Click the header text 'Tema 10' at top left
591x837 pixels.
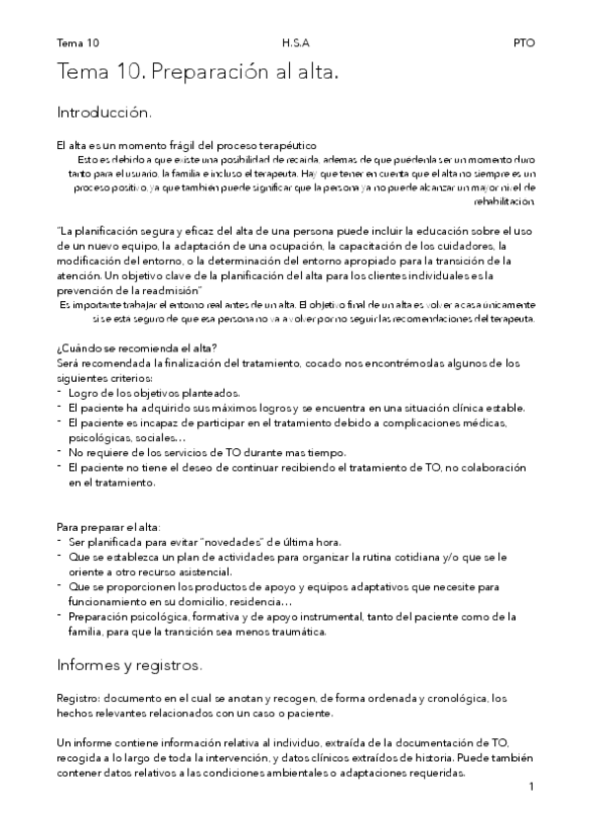pyautogui.click(x=78, y=43)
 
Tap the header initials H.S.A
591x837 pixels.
pyautogui.click(x=295, y=43)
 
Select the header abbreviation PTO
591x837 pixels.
pyautogui.click(x=523, y=43)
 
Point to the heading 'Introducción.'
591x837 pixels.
pyautogui.click(x=104, y=113)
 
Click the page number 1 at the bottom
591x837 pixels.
pyautogui.click(x=531, y=787)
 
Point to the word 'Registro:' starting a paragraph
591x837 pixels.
pyautogui.click(x=79, y=698)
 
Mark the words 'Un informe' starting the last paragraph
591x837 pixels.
pyautogui.click(x=84, y=740)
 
